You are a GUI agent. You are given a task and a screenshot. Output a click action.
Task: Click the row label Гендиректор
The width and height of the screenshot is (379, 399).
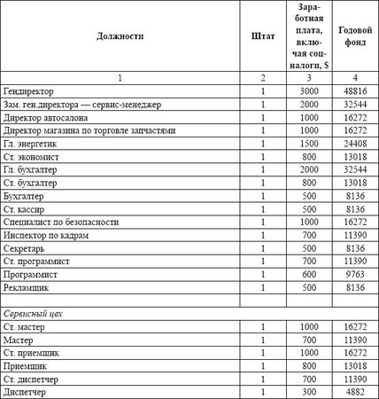tap(29, 91)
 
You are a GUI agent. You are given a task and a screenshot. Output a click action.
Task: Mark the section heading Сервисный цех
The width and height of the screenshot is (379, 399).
tap(36, 314)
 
